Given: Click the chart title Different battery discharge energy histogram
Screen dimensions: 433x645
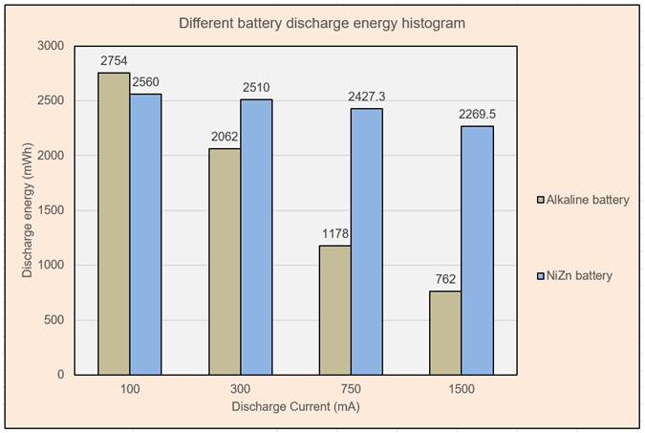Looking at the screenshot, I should [322, 23].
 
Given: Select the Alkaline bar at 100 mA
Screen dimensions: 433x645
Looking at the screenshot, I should [115, 224].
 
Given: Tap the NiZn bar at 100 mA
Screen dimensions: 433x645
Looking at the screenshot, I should [145, 234].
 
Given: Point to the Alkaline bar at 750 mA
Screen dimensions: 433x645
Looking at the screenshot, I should [334, 310].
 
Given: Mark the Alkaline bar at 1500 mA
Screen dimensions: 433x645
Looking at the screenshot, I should [445, 333].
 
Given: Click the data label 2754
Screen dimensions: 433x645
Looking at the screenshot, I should [115, 62].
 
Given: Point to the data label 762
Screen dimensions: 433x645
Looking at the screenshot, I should [445, 280].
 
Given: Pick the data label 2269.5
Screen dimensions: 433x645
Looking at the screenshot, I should [477, 115].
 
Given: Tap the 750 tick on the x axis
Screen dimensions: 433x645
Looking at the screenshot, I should [350, 389].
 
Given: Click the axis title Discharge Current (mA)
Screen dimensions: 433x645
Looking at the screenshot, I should [295, 406].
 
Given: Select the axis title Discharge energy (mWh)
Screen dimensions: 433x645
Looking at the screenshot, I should [27, 210].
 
